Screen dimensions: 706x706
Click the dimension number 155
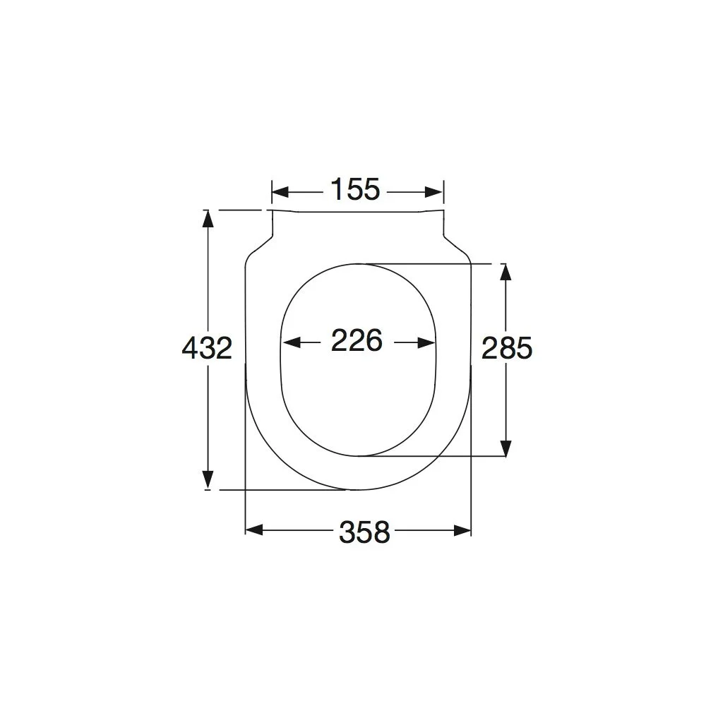tap(355, 189)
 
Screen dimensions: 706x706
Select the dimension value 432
tap(207, 347)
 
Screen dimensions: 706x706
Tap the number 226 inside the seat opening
tap(357, 340)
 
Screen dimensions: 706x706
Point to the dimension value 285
tap(507, 348)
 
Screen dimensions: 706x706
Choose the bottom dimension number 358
tap(364, 532)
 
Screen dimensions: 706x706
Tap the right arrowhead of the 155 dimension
tap(434, 193)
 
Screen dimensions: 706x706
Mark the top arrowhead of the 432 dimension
tap(208, 219)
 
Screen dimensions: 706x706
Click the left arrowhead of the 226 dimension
tap(292, 342)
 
